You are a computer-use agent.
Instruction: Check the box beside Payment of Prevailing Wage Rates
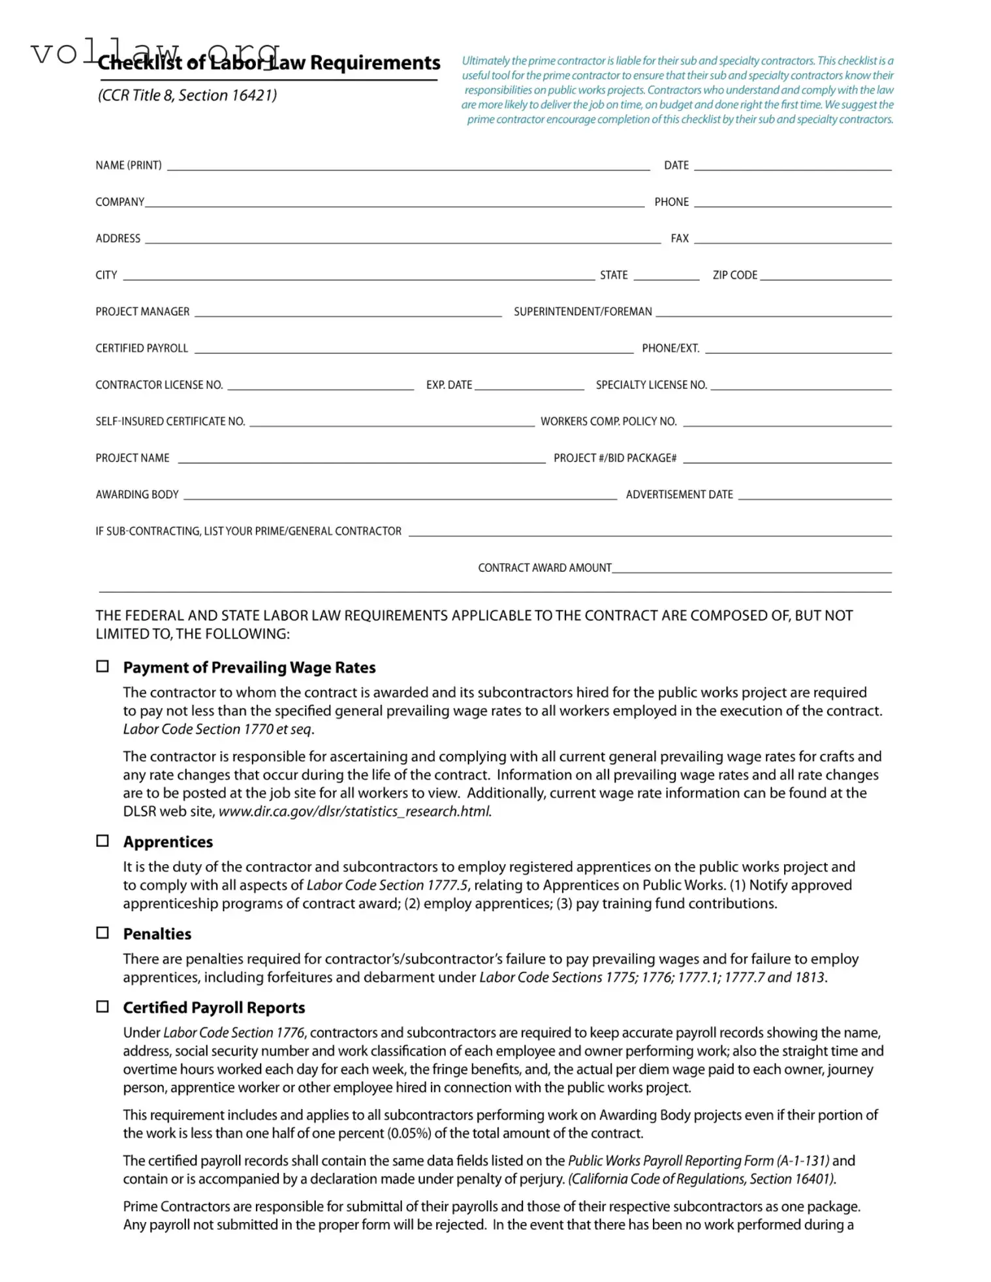[102, 666]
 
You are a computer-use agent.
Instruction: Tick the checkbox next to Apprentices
[102, 840]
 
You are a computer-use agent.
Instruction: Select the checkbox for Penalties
[102, 932]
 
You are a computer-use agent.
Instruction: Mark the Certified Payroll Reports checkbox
[102, 1006]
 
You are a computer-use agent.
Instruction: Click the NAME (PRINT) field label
[129, 165]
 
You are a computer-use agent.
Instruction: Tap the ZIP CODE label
[734, 275]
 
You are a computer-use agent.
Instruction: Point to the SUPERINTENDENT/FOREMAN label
[582, 311]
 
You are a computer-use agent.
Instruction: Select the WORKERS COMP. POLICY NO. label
[608, 421]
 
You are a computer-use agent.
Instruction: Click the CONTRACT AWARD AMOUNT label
[544, 567]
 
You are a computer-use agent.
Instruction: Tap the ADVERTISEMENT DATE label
[679, 494]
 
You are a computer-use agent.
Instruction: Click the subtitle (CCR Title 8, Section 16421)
[187, 95]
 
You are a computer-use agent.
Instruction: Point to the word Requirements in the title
[375, 63]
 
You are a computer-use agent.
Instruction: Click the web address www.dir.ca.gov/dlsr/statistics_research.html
[354, 811]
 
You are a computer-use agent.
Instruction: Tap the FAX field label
[679, 238]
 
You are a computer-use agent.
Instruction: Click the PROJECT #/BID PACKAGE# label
[614, 458]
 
